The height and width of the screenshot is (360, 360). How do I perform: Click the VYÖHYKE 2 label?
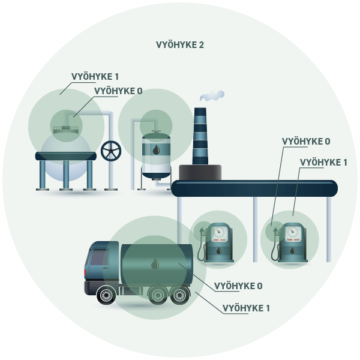tap(180, 45)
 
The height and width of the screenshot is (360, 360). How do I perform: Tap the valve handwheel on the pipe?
tap(111, 151)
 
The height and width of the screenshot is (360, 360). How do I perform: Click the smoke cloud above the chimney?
tap(212, 95)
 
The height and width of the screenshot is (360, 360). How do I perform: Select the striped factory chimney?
tap(200, 136)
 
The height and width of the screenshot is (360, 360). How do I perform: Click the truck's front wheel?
tap(106, 295)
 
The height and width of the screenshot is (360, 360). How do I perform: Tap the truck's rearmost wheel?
tap(179, 295)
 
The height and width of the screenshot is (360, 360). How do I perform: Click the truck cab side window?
tap(99, 256)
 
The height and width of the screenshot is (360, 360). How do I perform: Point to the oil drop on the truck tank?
tap(155, 263)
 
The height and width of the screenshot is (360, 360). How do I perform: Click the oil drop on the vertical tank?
tap(157, 149)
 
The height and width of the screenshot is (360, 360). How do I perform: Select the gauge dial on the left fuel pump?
tap(218, 232)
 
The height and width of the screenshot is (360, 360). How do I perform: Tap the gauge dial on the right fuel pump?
tap(292, 232)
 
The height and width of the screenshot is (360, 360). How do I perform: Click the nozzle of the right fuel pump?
tap(276, 232)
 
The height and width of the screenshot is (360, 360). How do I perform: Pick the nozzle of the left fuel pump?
tap(203, 232)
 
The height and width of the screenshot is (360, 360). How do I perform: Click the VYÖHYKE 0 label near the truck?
tap(238, 286)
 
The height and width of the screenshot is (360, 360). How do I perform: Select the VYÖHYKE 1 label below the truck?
tap(246, 308)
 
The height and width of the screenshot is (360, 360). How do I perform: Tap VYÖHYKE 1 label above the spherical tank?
tap(95, 77)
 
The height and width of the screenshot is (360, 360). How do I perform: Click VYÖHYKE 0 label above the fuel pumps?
tap(306, 142)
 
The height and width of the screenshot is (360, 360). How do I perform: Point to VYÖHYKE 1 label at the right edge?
tap(323, 163)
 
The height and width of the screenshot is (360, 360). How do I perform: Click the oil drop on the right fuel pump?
tap(292, 250)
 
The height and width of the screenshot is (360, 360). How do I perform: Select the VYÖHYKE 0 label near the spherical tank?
tap(118, 91)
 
